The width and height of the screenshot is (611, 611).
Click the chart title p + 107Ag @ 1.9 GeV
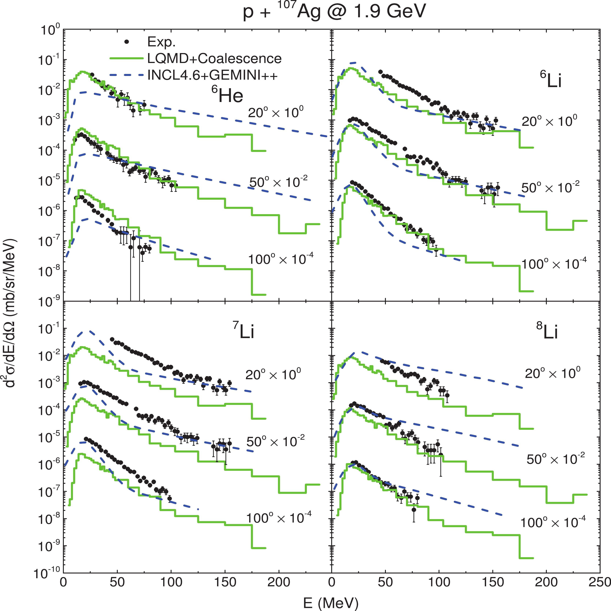[x=335, y=12]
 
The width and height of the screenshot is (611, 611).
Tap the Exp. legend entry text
[x=161, y=42]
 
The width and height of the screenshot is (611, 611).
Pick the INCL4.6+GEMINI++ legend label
[x=213, y=75]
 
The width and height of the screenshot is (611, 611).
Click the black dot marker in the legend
[x=127, y=42]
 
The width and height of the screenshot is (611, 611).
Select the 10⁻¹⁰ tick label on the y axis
[x=47, y=573]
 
